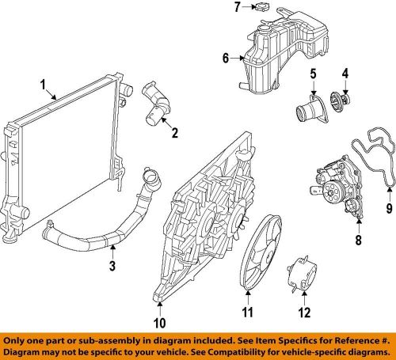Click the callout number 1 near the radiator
coord(44,83)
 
